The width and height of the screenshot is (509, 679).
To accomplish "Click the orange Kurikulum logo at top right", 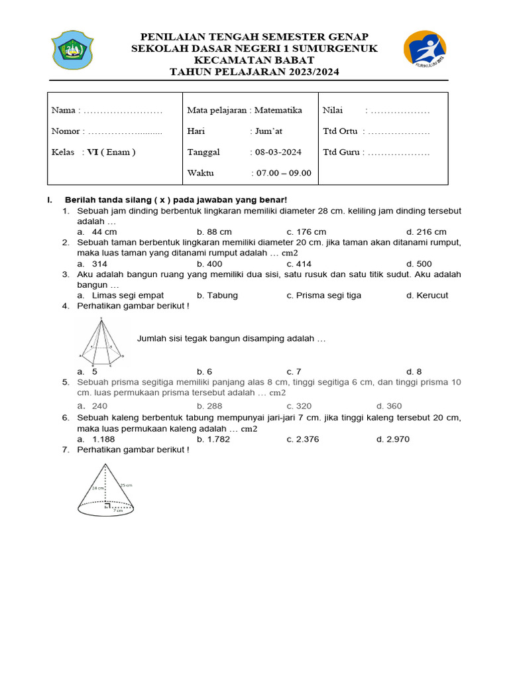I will click(x=425, y=50).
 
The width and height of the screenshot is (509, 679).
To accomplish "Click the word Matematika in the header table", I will click(x=278, y=110).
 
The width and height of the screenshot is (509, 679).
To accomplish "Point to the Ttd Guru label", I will click(x=341, y=152).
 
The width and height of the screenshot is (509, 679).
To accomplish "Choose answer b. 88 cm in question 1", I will click(x=214, y=232).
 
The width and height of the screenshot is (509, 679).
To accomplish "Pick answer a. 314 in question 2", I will click(x=93, y=264).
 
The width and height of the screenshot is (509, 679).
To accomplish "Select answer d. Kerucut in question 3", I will click(x=427, y=295).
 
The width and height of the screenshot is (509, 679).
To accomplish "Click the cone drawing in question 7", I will click(x=106, y=490).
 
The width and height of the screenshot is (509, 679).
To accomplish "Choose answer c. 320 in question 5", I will click(x=299, y=406).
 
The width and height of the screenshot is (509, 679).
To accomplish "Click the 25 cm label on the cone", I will click(x=126, y=485).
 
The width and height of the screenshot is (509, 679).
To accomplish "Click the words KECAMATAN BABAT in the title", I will click(x=254, y=60).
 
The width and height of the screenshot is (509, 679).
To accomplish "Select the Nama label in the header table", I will click(x=65, y=110).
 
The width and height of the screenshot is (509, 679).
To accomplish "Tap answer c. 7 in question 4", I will click(x=294, y=371).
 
